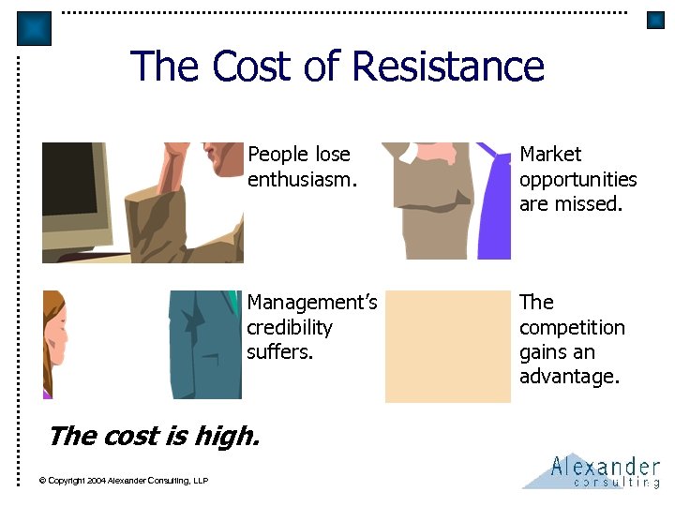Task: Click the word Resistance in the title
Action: [447, 67]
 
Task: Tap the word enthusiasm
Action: [302, 179]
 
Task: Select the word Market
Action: [550, 154]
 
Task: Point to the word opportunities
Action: [577, 179]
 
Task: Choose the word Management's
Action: [311, 302]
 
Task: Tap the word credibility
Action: [290, 327]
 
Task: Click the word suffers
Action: [279, 352]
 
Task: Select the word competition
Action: [572, 327]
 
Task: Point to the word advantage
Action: [569, 378]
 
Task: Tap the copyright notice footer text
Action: [123, 481]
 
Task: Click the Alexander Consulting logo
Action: [592, 470]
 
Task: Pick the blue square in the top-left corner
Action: [35, 29]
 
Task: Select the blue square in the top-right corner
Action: [655, 21]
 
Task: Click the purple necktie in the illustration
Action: [493, 211]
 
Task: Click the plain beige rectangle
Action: [448, 346]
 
